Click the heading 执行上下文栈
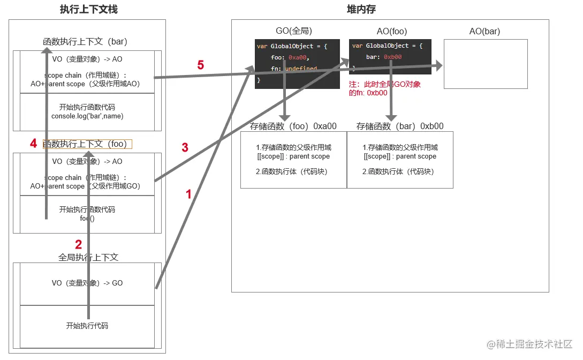(x=88, y=9)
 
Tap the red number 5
(x=200, y=65)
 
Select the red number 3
(x=185, y=148)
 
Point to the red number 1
(x=188, y=194)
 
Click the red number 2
(x=78, y=245)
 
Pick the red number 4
(x=33, y=144)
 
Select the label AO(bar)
(x=484, y=31)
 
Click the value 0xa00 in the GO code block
(x=299, y=57)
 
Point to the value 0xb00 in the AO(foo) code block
(x=392, y=57)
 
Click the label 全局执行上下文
(x=88, y=257)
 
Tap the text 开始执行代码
(x=87, y=326)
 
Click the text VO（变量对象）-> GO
(x=87, y=283)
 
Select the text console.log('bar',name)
(x=87, y=116)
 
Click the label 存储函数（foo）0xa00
(x=293, y=126)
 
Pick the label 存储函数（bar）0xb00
(x=400, y=126)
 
